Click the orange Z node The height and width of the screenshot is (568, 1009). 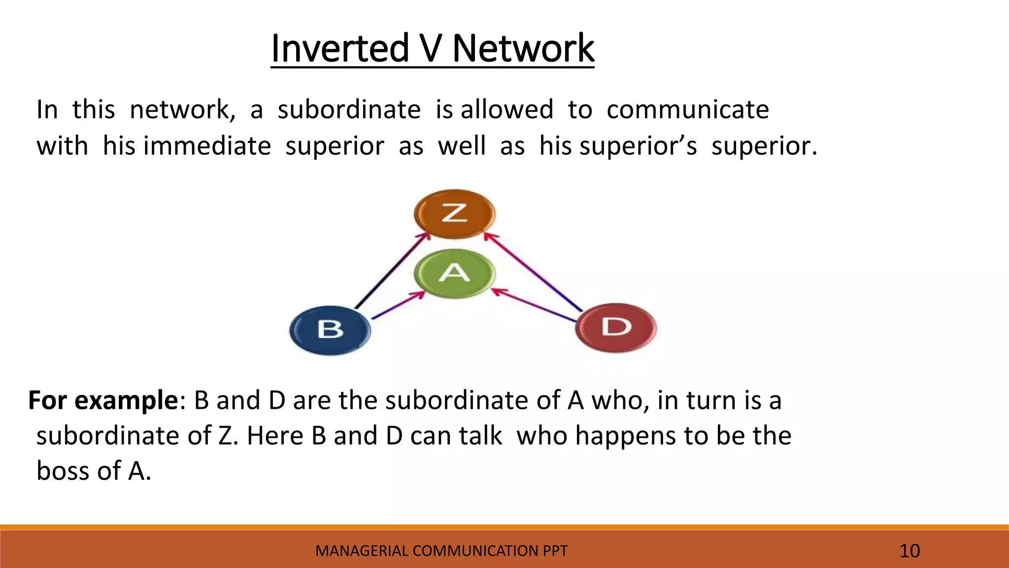point(454,214)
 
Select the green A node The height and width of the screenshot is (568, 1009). point(454,273)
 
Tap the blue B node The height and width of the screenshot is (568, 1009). point(330,329)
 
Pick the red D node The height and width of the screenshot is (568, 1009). point(616,327)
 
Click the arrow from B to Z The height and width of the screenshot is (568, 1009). point(392,271)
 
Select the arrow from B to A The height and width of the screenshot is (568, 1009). point(398,306)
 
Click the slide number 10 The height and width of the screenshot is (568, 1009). point(909,551)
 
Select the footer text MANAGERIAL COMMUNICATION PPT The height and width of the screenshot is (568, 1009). point(441,551)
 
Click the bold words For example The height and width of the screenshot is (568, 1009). point(103,400)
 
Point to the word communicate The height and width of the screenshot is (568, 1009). point(687,109)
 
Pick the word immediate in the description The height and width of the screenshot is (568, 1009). point(207,146)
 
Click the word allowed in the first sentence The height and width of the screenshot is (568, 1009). point(506,109)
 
